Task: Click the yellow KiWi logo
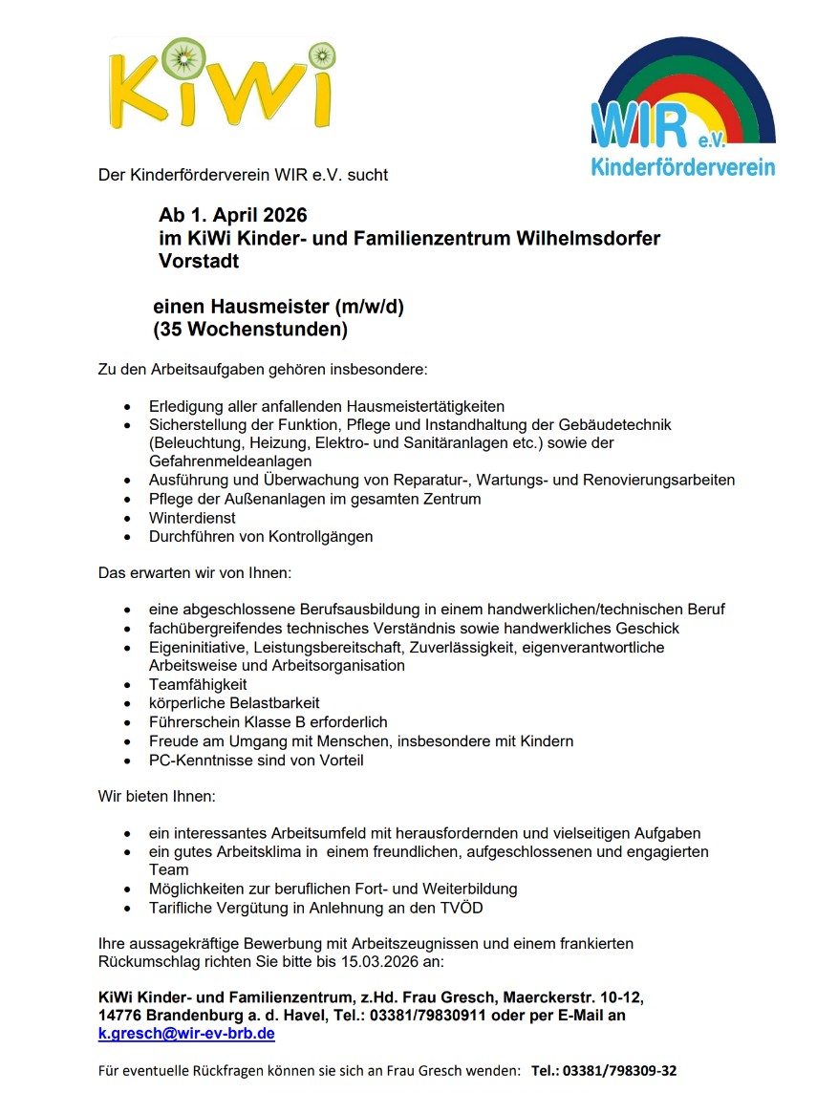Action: [223, 86]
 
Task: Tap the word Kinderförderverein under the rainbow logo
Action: [683, 168]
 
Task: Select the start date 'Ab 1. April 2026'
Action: [233, 216]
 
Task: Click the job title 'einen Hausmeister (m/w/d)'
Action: [285, 308]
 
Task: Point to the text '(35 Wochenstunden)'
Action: [250, 331]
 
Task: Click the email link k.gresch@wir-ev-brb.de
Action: [186, 1034]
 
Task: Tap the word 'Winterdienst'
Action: [192, 517]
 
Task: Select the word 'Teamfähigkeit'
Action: [198, 684]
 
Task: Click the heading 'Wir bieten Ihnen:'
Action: [158, 796]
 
